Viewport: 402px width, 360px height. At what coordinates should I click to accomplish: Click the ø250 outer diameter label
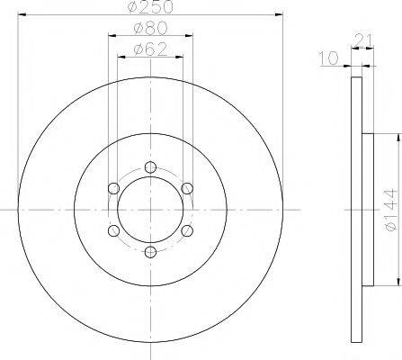click(x=151, y=8)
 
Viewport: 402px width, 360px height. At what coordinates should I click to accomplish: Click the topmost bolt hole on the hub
click(x=150, y=166)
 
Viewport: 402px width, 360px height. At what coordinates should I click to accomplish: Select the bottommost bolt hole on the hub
click(x=150, y=252)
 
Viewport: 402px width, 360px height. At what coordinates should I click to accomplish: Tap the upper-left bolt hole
click(x=112, y=187)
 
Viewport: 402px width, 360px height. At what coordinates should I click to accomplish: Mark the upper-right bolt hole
click(x=187, y=187)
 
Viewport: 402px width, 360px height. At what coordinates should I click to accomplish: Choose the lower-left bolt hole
click(x=112, y=230)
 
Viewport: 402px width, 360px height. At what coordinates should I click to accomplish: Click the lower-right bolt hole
click(x=187, y=230)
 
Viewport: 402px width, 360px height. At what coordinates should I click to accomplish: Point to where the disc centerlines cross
click(x=150, y=209)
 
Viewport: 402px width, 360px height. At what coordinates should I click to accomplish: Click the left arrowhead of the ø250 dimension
click(x=22, y=16)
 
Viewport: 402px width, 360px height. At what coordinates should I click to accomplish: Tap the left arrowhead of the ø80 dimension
click(x=112, y=36)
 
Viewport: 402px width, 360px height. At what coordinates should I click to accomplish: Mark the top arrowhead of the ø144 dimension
click(x=395, y=138)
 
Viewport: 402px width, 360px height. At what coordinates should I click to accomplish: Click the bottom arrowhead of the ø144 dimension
click(x=395, y=280)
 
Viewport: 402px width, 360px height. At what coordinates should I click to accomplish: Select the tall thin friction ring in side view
click(x=356, y=209)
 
